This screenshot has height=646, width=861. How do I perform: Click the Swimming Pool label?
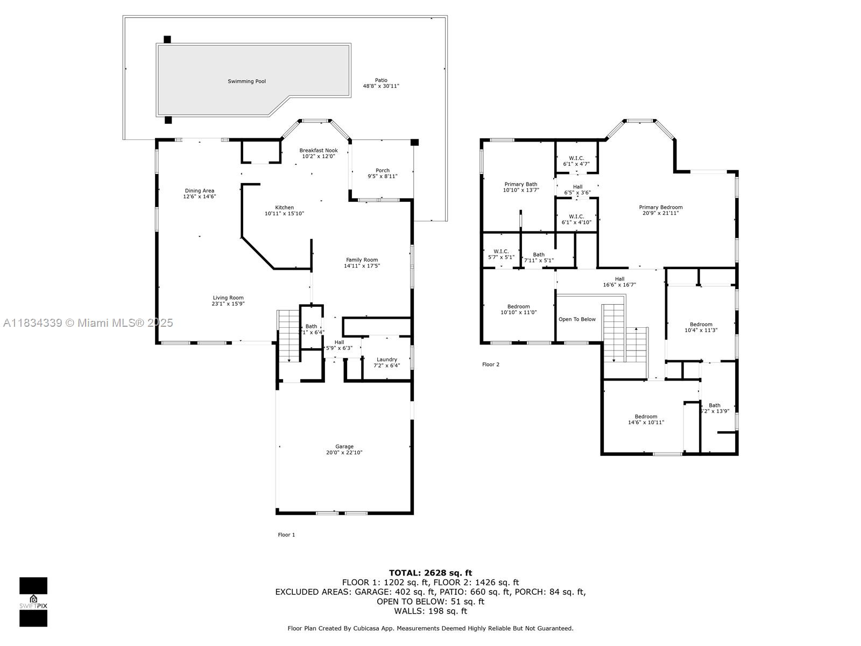tap(246, 81)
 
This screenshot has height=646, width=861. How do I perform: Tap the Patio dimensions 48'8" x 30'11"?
tap(381, 86)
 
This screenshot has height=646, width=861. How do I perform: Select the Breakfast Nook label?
tap(319, 150)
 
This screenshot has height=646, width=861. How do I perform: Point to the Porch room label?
tap(383, 170)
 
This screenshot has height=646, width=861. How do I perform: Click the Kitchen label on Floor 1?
tap(285, 207)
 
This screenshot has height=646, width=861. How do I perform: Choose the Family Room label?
tap(362, 259)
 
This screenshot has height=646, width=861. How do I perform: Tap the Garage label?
tap(344, 446)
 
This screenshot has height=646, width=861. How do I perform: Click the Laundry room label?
tap(387, 360)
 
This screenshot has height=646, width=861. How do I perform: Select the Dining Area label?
tap(200, 191)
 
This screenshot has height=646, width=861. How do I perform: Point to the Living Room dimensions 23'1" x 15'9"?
tap(228, 304)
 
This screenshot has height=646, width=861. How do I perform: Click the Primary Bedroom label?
tap(660, 207)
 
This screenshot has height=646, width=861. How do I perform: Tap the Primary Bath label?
tap(520, 184)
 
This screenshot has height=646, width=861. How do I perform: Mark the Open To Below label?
tap(577, 319)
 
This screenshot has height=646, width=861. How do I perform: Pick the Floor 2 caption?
tap(491, 364)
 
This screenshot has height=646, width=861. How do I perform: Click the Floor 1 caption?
tap(286, 535)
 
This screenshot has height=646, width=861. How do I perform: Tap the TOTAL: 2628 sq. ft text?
tap(430, 573)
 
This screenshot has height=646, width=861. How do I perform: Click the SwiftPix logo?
tap(33, 602)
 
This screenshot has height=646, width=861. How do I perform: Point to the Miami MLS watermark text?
tap(88, 322)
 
